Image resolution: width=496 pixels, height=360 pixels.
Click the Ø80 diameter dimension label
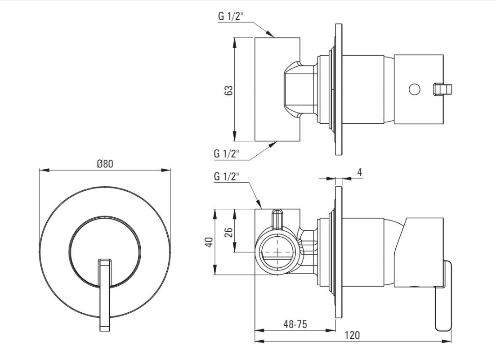click(x=105, y=164)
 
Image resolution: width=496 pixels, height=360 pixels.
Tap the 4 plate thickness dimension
click(x=359, y=172)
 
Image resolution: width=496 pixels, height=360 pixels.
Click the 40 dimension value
click(x=210, y=242)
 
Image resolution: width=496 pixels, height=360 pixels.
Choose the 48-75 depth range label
click(x=295, y=324)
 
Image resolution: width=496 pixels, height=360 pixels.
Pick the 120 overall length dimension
click(x=352, y=335)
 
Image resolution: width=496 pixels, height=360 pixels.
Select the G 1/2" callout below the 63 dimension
click(x=227, y=153)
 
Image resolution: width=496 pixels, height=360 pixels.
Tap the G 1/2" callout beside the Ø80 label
click(x=227, y=176)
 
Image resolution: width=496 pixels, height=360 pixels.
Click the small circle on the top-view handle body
click(x=414, y=89)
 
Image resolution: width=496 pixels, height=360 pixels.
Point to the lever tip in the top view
click(x=442, y=89)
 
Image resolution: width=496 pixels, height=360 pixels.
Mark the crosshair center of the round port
click(x=277, y=252)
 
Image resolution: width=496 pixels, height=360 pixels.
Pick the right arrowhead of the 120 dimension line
click(x=447, y=342)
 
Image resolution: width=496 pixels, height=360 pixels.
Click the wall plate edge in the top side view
click(x=339, y=89)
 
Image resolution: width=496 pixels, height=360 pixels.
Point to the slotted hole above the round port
click(x=278, y=218)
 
